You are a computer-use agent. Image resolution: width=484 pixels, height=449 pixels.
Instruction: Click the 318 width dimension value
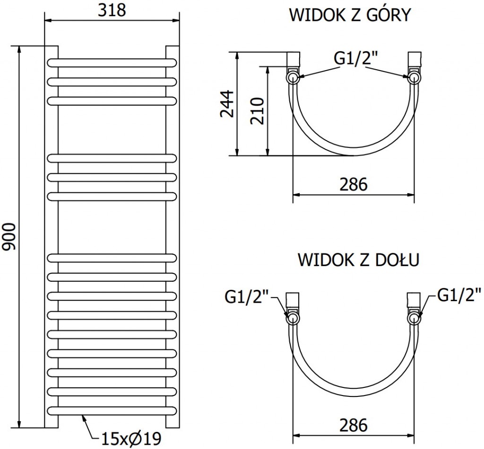coord(112,10)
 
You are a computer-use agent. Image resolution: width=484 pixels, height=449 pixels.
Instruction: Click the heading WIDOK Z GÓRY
coord(350,16)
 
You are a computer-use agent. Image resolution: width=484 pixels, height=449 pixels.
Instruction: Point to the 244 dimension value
coord(227,103)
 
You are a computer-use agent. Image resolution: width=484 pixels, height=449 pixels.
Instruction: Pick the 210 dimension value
coord(257,111)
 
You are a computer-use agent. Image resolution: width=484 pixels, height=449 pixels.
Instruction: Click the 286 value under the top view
coord(354,184)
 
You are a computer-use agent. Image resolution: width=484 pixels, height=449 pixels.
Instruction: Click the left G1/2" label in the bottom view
coord(246,298)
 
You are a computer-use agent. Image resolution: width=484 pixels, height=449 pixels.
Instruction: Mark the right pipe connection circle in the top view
coord(414,77)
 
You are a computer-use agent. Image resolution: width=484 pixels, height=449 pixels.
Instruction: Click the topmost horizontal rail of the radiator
coord(112,62)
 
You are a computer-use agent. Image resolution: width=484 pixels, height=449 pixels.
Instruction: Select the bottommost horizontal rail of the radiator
coord(112,410)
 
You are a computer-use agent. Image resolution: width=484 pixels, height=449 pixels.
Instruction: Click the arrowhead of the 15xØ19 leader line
coord(84,416)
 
